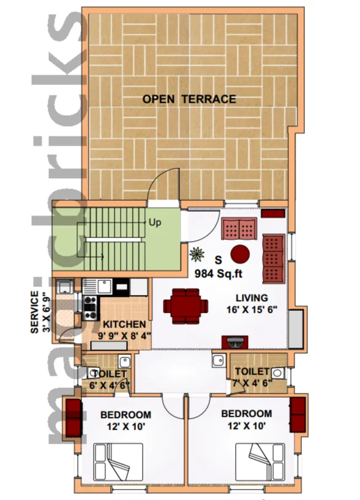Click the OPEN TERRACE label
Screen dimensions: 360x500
pyautogui.click(x=189, y=99)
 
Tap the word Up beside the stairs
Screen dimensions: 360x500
pyautogui.click(x=155, y=223)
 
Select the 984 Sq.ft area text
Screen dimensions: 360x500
pyautogui.click(x=219, y=274)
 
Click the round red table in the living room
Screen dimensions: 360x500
pyautogui.click(x=240, y=254)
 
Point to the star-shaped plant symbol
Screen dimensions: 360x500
pyautogui.click(x=197, y=255)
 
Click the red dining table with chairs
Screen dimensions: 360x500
pyautogui.click(x=186, y=306)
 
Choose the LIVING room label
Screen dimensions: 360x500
pyautogui.click(x=252, y=298)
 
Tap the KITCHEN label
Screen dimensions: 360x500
pyautogui.click(x=124, y=324)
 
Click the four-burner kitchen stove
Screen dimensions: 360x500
pyautogui.click(x=89, y=308)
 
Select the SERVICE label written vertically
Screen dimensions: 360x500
pyautogui.click(x=34, y=312)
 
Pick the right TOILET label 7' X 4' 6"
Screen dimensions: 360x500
pyautogui.click(x=252, y=377)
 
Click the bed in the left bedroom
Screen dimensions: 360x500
pyautogui.click(x=118, y=461)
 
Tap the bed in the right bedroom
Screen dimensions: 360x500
pyautogui.click(x=260, y=461)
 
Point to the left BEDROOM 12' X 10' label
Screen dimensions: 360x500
pyautogui.click(x=126, y=420)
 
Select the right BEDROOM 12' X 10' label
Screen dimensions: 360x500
pyautogui.click(x=246, y=419)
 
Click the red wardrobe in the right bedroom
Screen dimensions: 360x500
pyautogui.click(x=298, y=414)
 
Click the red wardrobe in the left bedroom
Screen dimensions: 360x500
pyautogui.click(x=74, y=417)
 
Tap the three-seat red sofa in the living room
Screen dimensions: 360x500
pyautogui.click(x=273, y=259)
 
